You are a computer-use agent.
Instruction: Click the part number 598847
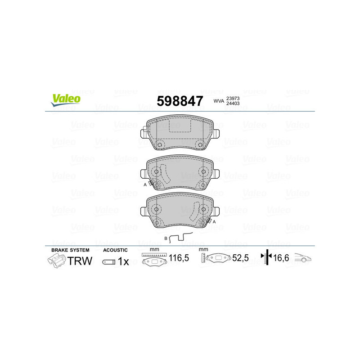(180, 101)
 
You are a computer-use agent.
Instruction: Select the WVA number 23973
(233, 98)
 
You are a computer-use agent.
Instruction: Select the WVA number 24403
(233, 104)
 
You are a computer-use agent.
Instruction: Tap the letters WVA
(218, 101)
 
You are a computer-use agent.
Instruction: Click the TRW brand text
(80, 261)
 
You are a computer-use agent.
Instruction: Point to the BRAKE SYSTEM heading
(70, 250)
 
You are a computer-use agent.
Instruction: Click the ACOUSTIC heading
(116, 250)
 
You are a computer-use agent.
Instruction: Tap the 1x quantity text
(123, 261)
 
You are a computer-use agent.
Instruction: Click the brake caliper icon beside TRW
(57, 261)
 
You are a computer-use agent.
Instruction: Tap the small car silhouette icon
(303, 258)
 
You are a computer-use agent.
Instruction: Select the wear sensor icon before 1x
(108, 261)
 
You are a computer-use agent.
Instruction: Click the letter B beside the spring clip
(166, 238)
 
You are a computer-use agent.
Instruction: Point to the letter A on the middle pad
(145, 185)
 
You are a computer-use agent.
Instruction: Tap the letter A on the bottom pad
(214, 222)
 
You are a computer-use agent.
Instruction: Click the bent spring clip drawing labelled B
(181, 238)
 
